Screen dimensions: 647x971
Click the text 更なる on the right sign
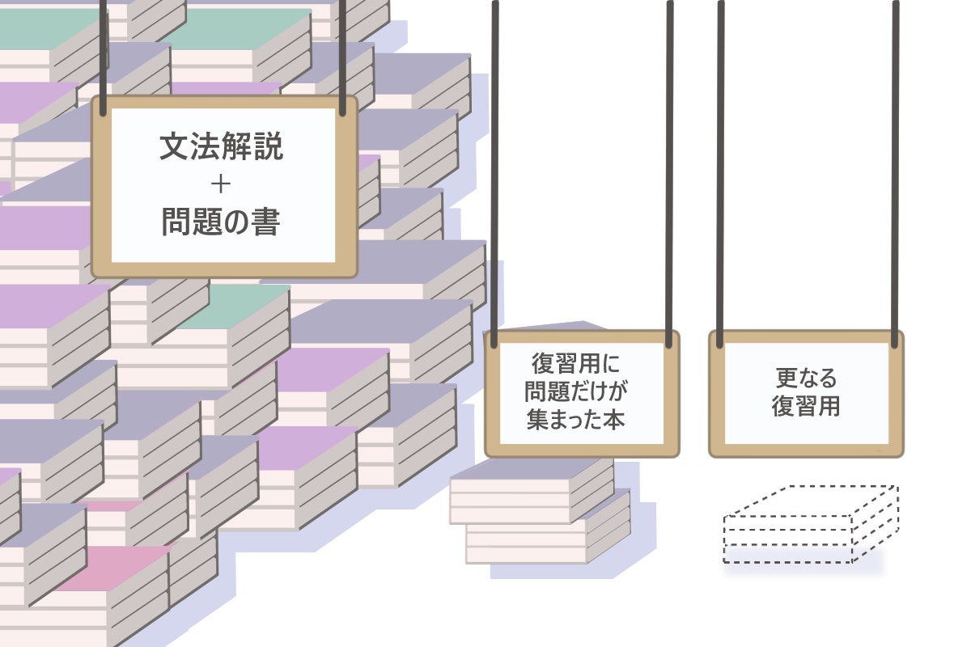(806, 377)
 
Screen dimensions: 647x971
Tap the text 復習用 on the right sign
(806, 406)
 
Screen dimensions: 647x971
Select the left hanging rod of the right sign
(720, 162)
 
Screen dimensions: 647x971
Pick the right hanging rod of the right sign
(895, 162)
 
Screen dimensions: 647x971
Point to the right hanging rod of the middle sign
(670, 162)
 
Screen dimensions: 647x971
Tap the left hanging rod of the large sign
(103, 49)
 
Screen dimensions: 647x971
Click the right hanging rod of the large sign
(343, 49)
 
